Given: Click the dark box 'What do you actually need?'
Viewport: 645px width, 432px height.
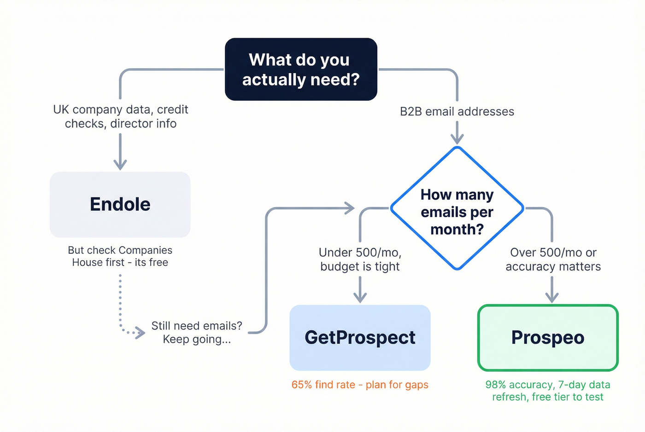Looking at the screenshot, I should tap(301, 69).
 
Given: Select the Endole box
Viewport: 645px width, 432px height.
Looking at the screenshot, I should tap(120, 205).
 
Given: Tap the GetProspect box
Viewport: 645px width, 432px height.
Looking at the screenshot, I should tap(360, 338).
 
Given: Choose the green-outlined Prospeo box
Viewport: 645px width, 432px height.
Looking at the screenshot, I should tap(548, 338).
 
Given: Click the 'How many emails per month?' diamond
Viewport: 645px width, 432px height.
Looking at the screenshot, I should tap(457, 209).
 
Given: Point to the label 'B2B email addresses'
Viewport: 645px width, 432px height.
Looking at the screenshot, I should tap(457, 112).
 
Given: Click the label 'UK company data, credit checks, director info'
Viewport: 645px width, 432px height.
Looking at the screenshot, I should tap(121, 116).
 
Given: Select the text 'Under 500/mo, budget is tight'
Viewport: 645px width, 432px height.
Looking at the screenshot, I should tap(360, 259).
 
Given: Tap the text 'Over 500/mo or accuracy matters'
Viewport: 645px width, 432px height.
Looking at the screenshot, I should tap(553, 259).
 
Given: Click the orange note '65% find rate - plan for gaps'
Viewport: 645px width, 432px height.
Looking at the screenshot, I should tap(360, 385).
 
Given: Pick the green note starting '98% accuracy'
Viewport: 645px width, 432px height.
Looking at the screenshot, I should tap(548, 391).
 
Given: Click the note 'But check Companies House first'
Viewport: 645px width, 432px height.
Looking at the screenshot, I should tap(120, 256).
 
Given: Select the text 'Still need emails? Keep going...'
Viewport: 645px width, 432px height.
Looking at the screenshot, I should tap(197, 332).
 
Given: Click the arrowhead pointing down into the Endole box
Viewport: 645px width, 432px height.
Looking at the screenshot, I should tap(120, 164).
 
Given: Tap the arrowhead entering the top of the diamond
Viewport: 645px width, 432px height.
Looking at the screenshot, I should tap(457, 138).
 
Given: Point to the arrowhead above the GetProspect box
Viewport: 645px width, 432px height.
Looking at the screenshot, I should tap(360, 297).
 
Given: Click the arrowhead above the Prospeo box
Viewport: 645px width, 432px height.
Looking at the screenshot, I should tap(552, 297).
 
